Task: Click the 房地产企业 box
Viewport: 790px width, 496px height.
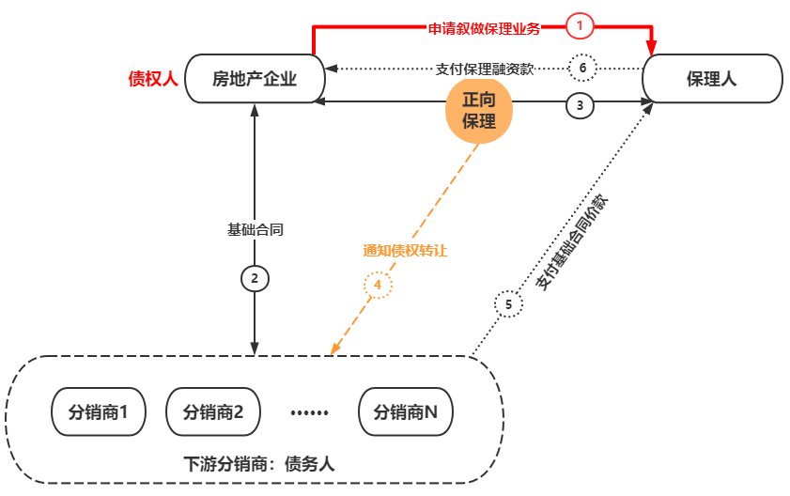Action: (255, 79)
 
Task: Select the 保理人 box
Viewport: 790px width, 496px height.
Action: (711, 79)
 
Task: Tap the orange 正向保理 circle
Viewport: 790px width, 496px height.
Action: (479, 111)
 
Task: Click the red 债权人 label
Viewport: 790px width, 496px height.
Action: (152, 79)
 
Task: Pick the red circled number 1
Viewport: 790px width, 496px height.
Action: (581, 27)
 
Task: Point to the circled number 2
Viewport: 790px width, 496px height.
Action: (255, 278)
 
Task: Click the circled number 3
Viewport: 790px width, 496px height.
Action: (581, 105)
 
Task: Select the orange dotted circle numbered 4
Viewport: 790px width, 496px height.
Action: (377, 284)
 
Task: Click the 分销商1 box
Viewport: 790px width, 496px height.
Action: (98, 411)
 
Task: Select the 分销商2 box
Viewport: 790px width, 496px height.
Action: (212, 411)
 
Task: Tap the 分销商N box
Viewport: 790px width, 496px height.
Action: (406, 411)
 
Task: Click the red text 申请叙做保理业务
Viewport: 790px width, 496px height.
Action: (485, 28)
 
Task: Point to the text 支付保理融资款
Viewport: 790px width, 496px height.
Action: (486, 69)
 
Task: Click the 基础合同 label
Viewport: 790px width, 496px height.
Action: (254, 229)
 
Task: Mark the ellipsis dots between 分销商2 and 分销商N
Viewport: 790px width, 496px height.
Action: (309, 412)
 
